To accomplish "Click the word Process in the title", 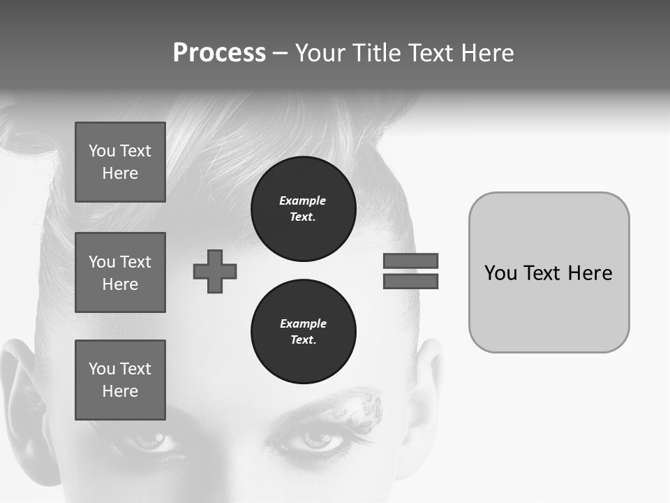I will tap(219, 53).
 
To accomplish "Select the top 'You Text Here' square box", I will tap(120, 162).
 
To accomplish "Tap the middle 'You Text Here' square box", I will tap(120, 272).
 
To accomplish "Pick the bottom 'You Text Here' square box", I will tap(120, 380).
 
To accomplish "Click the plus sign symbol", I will tap(215, 271).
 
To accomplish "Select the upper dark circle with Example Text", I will tap(304, 209).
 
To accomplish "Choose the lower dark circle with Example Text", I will tap(304, 332).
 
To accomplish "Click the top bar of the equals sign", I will tap(410, 261).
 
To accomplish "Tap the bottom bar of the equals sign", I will tap(410, 282).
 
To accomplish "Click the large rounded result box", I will tap(549, 272).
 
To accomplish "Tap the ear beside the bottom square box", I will tap(28, 391).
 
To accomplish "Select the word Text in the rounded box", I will tap(544, 272).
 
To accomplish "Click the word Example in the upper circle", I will tap(303, 201).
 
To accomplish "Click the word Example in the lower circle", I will tap(303, 323).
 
